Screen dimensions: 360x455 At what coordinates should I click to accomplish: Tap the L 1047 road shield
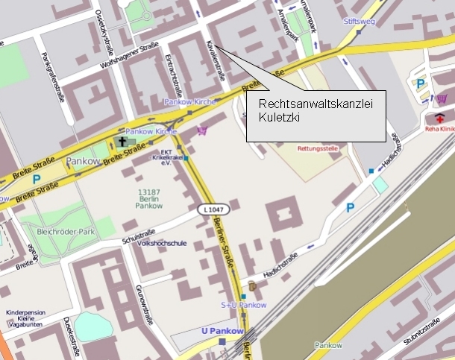pyautogui.click(x=211, y=211)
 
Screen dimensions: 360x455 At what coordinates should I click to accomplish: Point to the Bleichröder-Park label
pyautogui.click(x=67, y=232)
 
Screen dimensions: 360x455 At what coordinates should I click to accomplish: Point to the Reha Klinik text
pyautogui.click(x=439, y=129)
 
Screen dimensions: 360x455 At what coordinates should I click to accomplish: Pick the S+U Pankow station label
pyautogui.click(x=243, y=305)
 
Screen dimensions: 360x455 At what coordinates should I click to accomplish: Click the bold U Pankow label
pyautogui.click(x=223, y=331)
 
